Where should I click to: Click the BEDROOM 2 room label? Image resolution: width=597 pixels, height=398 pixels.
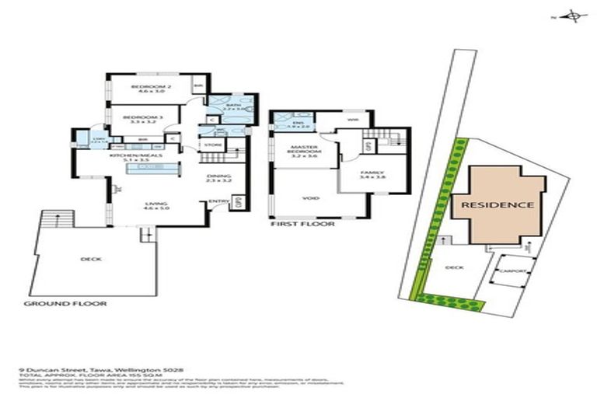coord(145,86)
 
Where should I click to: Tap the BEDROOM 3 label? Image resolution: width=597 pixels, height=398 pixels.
coord(141,117)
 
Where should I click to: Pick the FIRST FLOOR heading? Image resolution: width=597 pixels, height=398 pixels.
coord(302,223)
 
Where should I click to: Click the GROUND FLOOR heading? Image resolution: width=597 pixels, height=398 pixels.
coord(65,303)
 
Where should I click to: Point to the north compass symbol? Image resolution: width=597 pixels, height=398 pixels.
coord(572,16)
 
